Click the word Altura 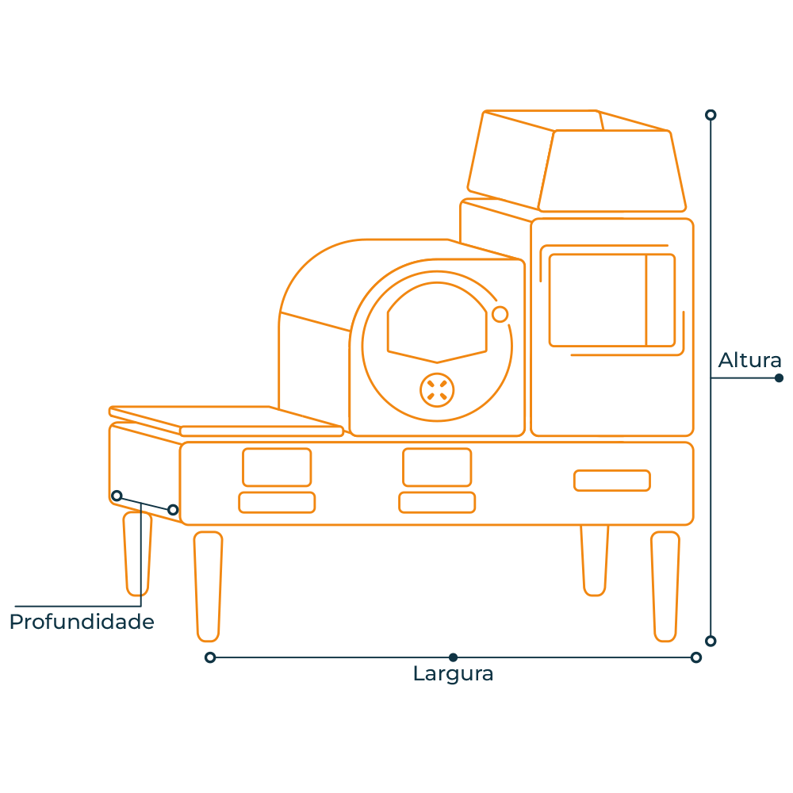pos(749,360)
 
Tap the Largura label pos(453,674)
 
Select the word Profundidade pos(82,622)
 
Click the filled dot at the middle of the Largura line pos(453,657)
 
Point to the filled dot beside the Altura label pos(779,377)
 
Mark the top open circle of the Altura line pos(711,115)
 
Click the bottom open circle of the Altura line pos(711,641)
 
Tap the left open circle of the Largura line pos(210,657)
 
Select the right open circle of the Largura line pos(696,657)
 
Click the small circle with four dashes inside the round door pos(437,390)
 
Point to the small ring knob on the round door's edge pos(500,314)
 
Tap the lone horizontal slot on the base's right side pos(612,481)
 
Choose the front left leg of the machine pos(208,586)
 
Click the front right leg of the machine pos(665,586)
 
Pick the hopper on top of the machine pos(577,161)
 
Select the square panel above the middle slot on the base pos(437,467)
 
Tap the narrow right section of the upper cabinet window pos(661,301)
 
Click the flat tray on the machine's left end pos(226,421)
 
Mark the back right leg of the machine pos(595,561)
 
